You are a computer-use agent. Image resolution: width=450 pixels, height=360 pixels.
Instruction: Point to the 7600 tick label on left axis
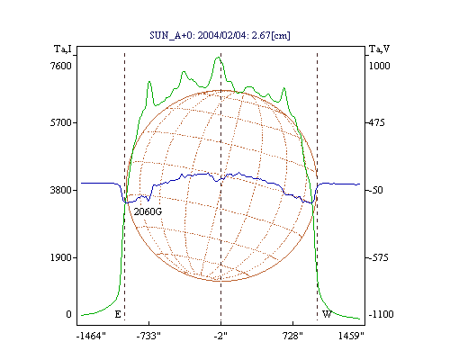click(x=60, y=66)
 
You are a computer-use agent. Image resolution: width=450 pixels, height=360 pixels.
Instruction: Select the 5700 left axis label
click(x=60, y=122)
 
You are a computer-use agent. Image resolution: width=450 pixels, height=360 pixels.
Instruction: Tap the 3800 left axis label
click(x=60, y=190)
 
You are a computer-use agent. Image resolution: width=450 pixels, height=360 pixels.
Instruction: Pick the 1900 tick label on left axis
click(x=60, y=257)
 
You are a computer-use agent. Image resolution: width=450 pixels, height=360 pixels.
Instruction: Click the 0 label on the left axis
click(x=68, y=314)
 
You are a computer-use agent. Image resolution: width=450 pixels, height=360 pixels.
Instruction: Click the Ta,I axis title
click(x=63, y=49)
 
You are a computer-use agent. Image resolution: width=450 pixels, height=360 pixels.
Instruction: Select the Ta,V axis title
click(x=379, y=49)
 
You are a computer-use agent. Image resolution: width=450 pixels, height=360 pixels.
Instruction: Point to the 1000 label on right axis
click(x=379, y=66)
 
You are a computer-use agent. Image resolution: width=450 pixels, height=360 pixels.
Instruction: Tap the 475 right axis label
click(x=376, y=122)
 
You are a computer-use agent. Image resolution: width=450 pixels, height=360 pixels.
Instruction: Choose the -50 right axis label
click(x=375, y=190)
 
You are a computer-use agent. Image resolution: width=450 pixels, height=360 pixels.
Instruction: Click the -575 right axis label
click(x=378, y=257)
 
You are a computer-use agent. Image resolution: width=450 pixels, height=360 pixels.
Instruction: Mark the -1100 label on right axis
click(x=381, y=314)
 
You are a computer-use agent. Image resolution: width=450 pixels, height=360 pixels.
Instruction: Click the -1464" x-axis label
click(x=91, y=336)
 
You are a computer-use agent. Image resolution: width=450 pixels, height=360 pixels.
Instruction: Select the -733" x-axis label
click(x=148, y=336)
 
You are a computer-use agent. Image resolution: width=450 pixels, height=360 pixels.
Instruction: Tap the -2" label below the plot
click(x=220, y=336)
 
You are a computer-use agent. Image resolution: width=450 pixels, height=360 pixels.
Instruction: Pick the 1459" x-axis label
click(x=351, y=336)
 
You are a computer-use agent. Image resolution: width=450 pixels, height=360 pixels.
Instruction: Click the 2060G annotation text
click(x=148, y=211)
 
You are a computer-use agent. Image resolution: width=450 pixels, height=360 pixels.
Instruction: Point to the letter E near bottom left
click(x=118, y=314)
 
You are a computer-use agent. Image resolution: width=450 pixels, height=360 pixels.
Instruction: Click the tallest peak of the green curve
click(x=218, y=58)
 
